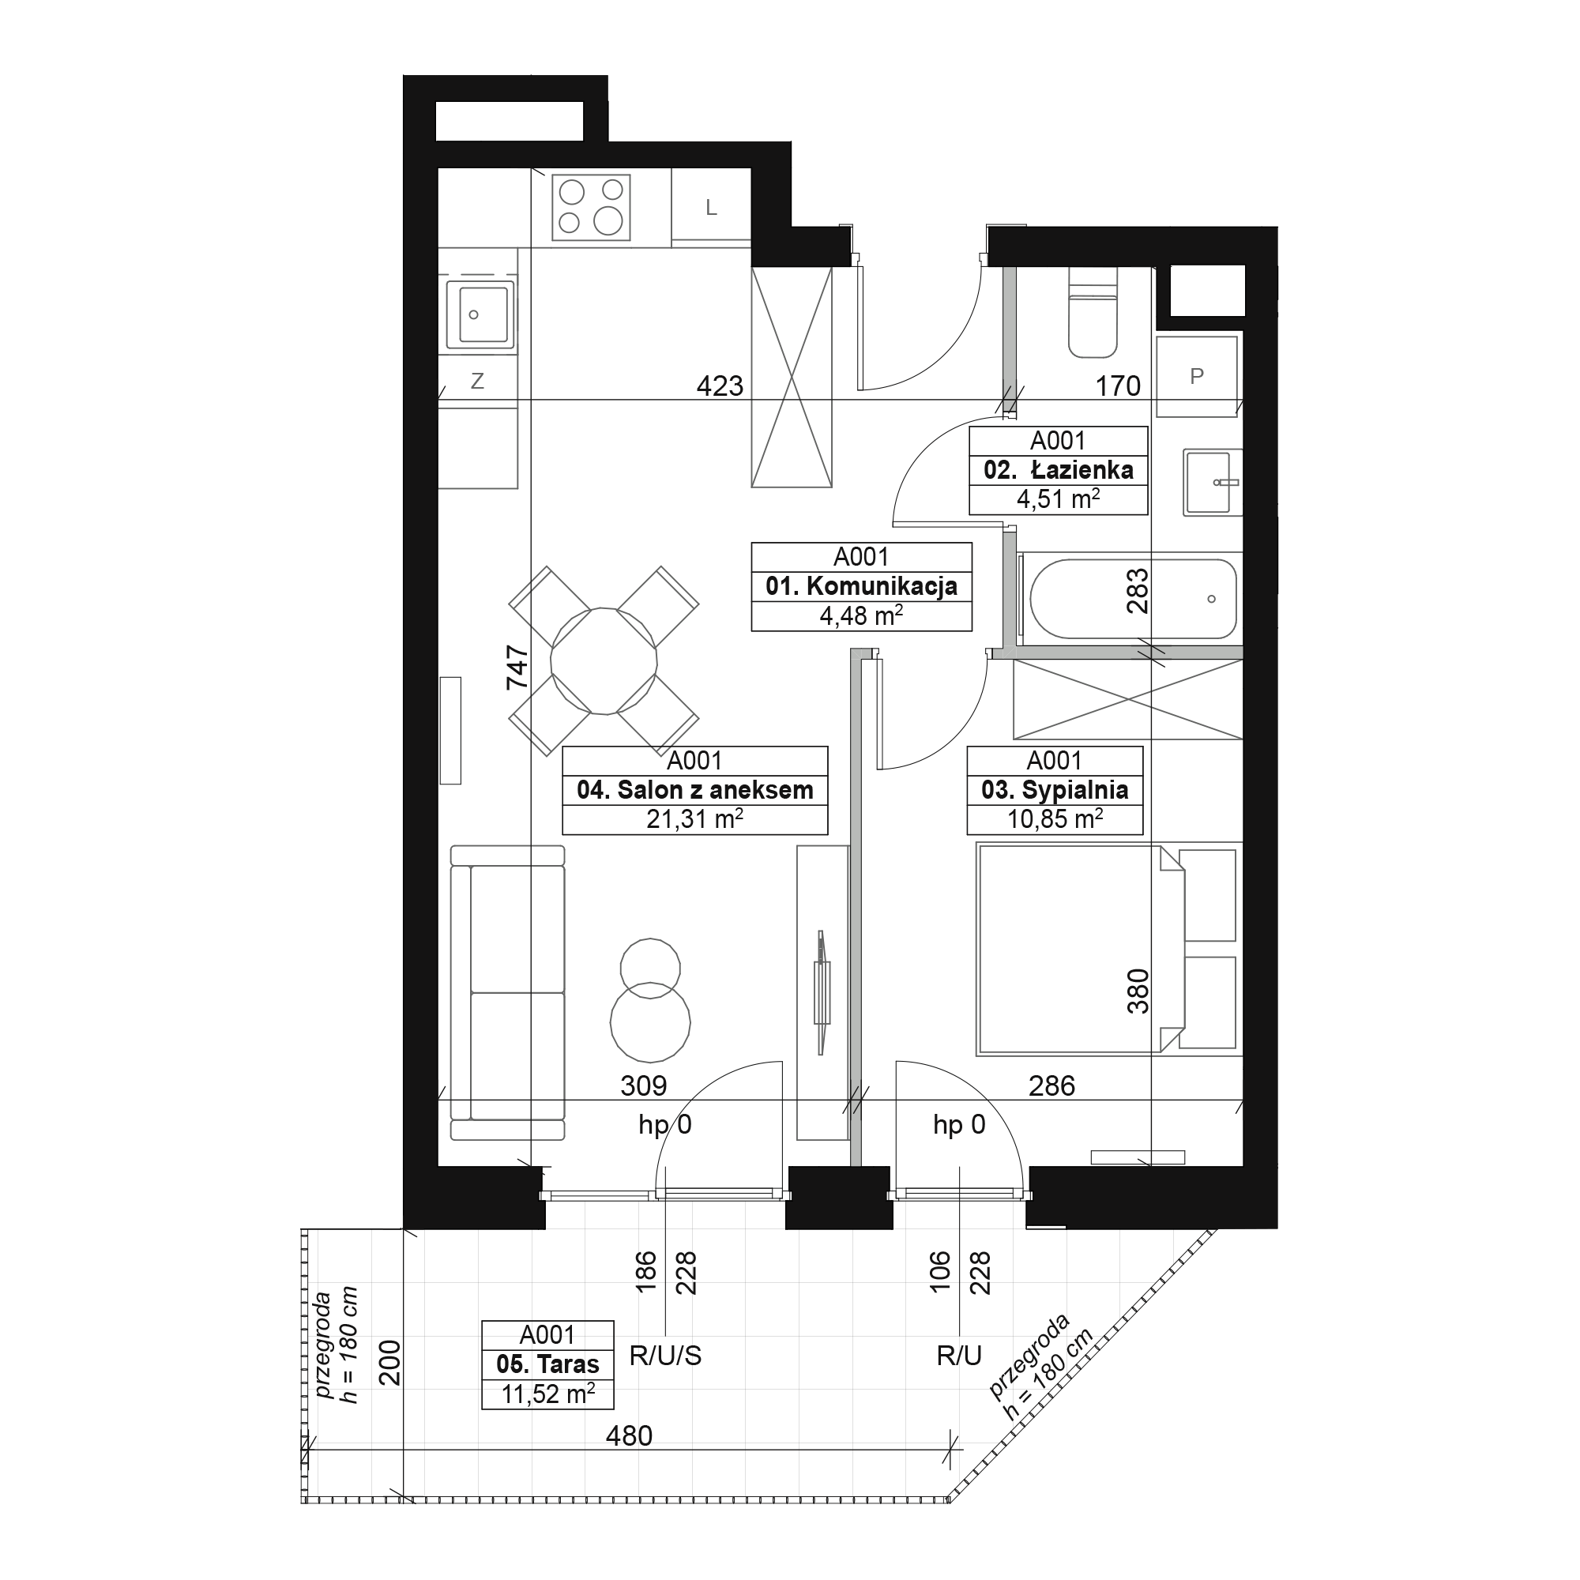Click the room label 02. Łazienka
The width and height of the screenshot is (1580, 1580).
[1059, 470]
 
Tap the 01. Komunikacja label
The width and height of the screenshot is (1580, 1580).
[861, 586]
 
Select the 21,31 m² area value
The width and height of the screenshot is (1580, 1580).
[694, 818]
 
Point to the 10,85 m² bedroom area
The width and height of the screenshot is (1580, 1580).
[1054, 818]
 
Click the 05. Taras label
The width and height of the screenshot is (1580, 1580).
[547, 1364]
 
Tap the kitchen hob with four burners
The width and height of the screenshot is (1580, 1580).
[591, 207]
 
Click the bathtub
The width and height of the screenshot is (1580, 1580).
[1133, 599]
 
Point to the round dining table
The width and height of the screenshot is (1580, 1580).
[604, 660]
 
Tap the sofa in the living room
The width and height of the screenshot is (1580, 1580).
[508, 993]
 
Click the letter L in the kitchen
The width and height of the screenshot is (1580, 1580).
[712, 208]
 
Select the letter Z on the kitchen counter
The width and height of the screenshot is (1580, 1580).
[478, 380]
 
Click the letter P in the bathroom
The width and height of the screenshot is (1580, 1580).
[1196, 376]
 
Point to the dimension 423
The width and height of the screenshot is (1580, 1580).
[720, 386]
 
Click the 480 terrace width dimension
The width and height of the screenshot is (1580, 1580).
[629, 1435]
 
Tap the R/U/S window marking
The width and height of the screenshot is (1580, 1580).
[665, 1356]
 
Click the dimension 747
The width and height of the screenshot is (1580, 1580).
[517, 668]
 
